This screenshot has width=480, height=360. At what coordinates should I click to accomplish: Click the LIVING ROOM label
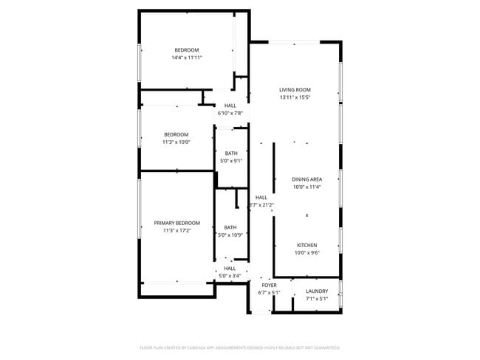pos(295,90)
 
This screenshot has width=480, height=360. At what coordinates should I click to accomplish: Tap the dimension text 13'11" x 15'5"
pos(295,97)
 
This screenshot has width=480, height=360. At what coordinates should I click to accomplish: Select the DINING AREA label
pos(306,179)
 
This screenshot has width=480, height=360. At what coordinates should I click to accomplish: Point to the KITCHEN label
pos(306,245)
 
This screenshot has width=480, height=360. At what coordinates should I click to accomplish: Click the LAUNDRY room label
pos(317,291)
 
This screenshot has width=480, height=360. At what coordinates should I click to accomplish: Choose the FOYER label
pos(269,285)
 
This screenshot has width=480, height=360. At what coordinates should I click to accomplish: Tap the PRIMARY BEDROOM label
pos(176,223)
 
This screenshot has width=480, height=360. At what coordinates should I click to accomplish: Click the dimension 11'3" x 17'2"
pos(176,230)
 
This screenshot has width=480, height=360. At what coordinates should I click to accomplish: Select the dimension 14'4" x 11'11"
pos(187,57)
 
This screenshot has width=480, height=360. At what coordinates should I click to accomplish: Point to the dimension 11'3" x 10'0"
pos(176,142)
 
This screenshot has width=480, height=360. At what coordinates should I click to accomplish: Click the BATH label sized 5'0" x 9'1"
pos(231,153)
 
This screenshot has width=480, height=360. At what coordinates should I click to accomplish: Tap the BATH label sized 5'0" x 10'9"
pos(230,227)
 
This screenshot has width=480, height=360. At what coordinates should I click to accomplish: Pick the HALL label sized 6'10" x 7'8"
pos(230,105)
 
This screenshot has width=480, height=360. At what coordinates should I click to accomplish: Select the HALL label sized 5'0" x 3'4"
pos(230,269)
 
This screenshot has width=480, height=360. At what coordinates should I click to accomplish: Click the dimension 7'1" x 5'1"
pos(317,298)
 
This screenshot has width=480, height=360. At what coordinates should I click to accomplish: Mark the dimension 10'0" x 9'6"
pos(306,252)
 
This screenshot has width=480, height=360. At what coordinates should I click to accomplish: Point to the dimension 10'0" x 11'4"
pos(306,187)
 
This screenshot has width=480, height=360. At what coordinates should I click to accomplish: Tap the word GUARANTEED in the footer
pos(324,347)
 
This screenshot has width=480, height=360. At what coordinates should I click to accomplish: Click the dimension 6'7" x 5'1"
pos(269,292)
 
